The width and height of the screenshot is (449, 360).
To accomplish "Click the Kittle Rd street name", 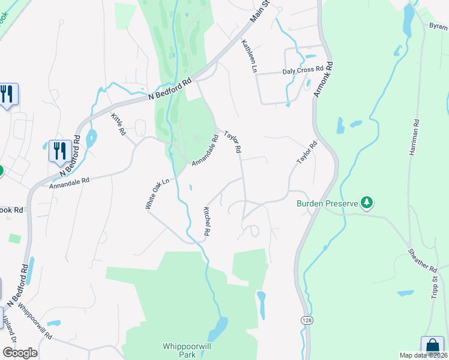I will pyautogui.click(x=118, y=123).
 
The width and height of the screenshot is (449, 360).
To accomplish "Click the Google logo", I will pyautogui.click(x=20, y=353).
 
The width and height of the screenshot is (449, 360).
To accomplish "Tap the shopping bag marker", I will pyautogui.click(x=432, y=346).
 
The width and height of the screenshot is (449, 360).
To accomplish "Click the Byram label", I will pyautogui.click(x=438, y=26).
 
